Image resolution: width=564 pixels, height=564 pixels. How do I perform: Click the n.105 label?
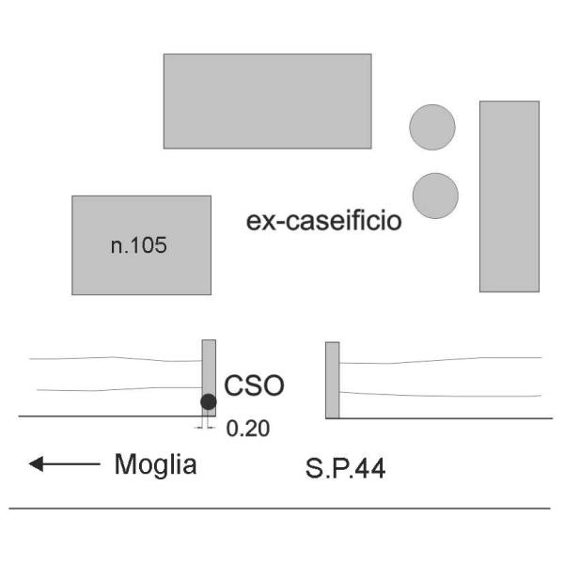point(138,246)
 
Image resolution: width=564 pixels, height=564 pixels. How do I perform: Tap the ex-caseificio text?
point(323,222)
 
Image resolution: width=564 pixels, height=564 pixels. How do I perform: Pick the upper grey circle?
point(432,127)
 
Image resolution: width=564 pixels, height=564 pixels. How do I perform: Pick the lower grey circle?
point(435,196)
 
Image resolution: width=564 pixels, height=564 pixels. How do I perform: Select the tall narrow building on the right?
point(509,196)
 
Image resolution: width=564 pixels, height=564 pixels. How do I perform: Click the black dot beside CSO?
point(209,402)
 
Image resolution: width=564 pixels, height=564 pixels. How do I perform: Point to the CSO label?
point(254,385)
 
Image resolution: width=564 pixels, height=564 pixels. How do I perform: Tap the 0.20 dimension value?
point(249,429)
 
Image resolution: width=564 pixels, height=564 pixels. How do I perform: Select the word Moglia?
point(156,463)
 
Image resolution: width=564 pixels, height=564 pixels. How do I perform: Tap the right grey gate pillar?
point(332,380)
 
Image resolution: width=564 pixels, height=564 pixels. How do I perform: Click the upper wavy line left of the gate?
point(113,358)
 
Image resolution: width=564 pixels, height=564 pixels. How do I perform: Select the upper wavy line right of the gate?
point(442,360)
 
